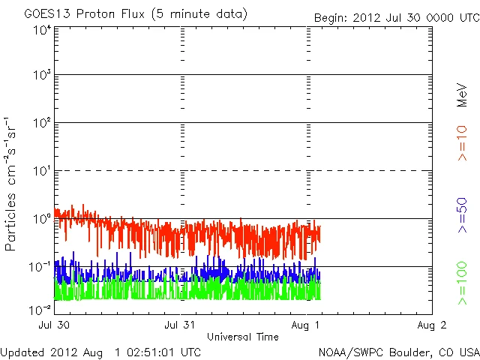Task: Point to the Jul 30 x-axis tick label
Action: pyautogui.click(x=55, y=325)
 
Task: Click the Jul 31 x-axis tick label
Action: pyautogui.click(x=181, y=325)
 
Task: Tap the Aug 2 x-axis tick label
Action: pyautogui.click(x=432, y=325)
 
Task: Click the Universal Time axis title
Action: pyautogui.click(x=244, y=337)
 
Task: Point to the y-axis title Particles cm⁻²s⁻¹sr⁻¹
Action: pyautogui.click(x=11, y=183)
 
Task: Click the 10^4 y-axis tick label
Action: pyautogui.click(x=41, y=30)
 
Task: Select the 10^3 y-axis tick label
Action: pyautogui.click(x=41, y=76)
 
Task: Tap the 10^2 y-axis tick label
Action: pyautogui.click(x=41, y=124)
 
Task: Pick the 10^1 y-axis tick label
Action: pyautogui.click(x=41, y=172)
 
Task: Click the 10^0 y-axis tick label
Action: pyautogui.click(x=41, y=219)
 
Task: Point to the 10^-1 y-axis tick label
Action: pyautogui.click(x=40, y=267)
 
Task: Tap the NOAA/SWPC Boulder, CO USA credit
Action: pyautogui.click(x=398, y=351)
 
